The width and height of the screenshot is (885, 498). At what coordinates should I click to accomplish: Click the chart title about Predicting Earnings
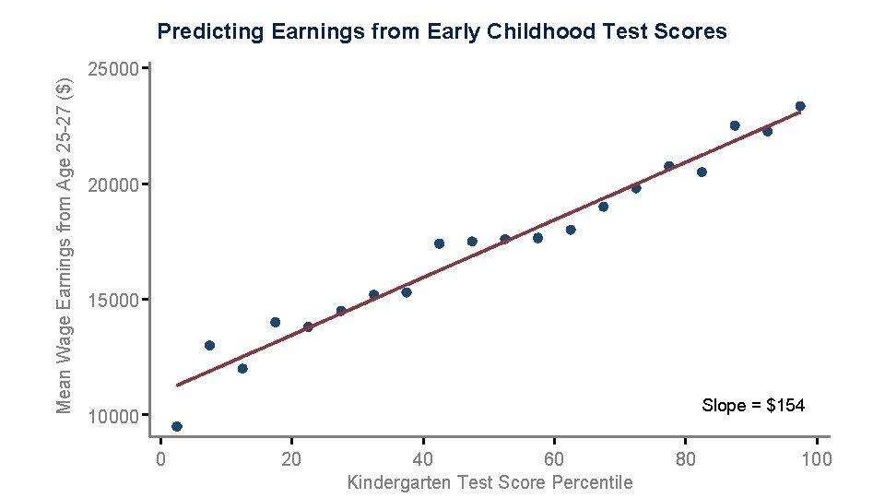pos(442,32)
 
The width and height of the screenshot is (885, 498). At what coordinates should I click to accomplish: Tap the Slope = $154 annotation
pos(752,406)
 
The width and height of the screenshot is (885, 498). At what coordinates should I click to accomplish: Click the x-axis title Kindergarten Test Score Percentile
pos(490,482)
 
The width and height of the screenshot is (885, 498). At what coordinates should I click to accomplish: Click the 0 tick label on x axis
pos(160,459)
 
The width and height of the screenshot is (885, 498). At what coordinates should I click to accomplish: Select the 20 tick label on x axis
pos(291,459)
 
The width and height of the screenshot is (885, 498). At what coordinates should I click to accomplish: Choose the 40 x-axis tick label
pos(423,459)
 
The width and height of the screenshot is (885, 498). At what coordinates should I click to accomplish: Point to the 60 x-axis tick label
pos(554,459)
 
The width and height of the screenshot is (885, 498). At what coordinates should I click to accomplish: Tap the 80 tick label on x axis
pos(685,459)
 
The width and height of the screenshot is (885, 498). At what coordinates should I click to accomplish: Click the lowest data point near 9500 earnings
pos(177,426)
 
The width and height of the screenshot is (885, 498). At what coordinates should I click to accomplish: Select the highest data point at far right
pos(800,106)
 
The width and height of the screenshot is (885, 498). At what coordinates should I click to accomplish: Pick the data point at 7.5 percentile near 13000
pos(209,346)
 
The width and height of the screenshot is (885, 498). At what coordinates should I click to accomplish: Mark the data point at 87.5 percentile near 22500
pos(735,125)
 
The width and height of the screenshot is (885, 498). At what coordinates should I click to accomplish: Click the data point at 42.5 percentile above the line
pos(439,243)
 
